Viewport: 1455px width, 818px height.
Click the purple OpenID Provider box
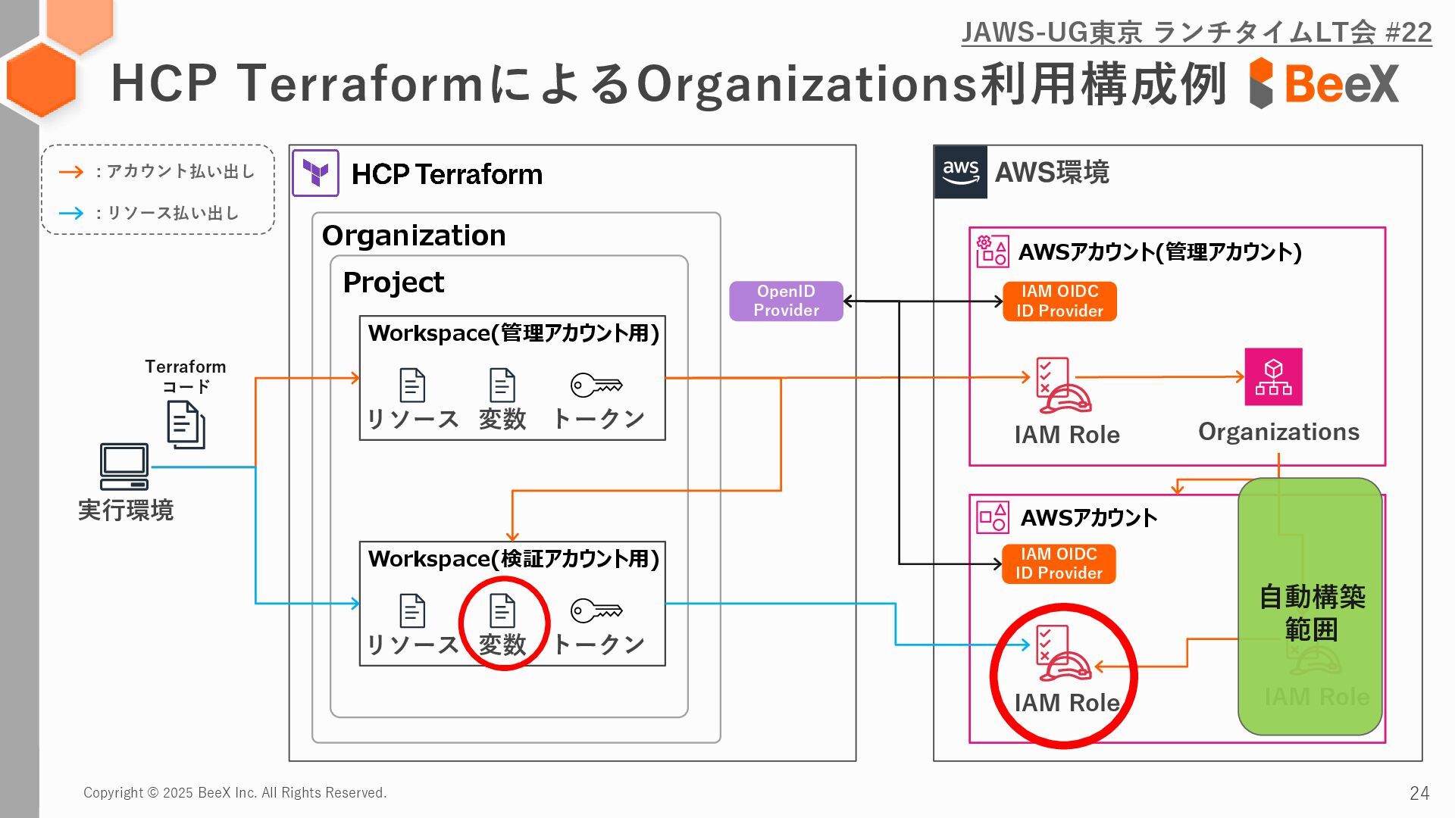tap(786, 301)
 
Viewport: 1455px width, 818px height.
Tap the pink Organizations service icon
tap(1273, 376)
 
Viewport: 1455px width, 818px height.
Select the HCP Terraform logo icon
tap(315, 173)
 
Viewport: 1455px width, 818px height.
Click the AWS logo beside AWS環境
tap(960, 172)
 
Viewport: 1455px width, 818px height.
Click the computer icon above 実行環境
tap(124, 467)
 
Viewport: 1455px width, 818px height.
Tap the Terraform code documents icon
tap(186, 424)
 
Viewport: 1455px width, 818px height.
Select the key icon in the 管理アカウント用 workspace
tap(596, 385)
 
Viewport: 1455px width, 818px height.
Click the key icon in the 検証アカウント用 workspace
tap(596, 610)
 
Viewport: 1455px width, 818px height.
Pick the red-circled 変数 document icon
tap(502, 610)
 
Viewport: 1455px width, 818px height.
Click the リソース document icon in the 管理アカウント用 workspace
tap(412, 385)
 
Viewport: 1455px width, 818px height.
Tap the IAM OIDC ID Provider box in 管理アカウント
tap(1059, 301)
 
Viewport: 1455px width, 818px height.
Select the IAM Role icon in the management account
tap(1063, 386)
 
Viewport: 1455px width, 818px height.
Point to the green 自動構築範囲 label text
tap(1312, 613)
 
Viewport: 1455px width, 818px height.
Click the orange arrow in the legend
tap(71, 172)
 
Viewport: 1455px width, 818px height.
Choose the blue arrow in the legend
tap(71, 213)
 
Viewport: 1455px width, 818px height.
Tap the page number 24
tap(1419, 793)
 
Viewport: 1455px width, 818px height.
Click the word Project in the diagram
tap(393, 283)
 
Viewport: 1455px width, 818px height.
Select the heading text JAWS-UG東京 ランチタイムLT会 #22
tap(1196, 33)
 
